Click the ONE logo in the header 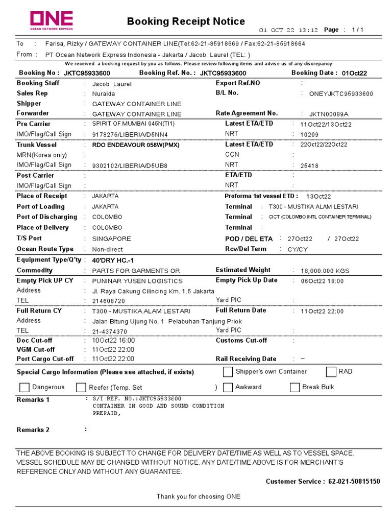point(51,20)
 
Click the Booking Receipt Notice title point(186,21)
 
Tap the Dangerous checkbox point(24,388)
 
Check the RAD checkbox point(331,372)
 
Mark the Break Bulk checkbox point(295,388)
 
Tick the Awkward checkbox point(228,388)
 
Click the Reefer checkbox point(81,388)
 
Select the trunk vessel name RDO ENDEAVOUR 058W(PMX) point(136,145)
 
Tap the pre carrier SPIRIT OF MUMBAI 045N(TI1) point(133,124)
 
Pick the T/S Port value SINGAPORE point(111,239)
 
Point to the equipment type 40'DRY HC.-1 point(112,260)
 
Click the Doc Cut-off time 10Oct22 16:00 point(113,341)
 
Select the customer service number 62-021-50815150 point(354,482)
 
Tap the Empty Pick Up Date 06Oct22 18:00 point(322,281)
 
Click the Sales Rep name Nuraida point(104,94)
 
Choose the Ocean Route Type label point(45,249)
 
